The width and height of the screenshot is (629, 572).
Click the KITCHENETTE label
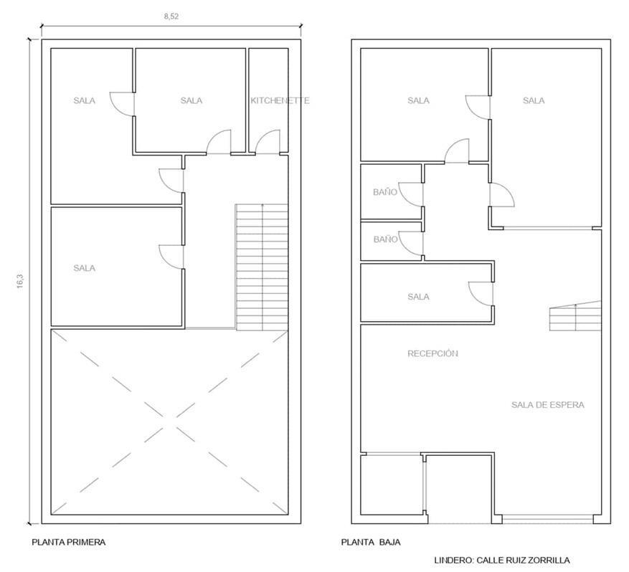(280, 100)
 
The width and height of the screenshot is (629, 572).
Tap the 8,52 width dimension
(171, 16)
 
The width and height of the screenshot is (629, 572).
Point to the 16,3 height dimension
(20, 281)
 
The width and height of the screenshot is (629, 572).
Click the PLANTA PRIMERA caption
(69, 543)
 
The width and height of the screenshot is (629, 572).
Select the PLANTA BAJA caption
(371, 543)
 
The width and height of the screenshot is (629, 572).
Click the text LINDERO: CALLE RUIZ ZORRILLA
(502, 561)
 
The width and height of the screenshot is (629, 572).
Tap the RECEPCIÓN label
(432, 353)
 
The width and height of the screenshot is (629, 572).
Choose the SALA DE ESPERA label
(547, 405)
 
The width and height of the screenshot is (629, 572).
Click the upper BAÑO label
(385, 192)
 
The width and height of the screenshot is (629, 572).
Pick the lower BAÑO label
(385, 239)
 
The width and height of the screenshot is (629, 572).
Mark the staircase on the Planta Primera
(262, 267)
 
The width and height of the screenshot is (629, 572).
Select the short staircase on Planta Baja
(575, 316)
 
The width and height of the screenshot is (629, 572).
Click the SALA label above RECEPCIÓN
(418, 297)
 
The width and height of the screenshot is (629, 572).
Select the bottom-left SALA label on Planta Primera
(84, 268)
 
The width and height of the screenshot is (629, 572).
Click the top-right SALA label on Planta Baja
(534, 100)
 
